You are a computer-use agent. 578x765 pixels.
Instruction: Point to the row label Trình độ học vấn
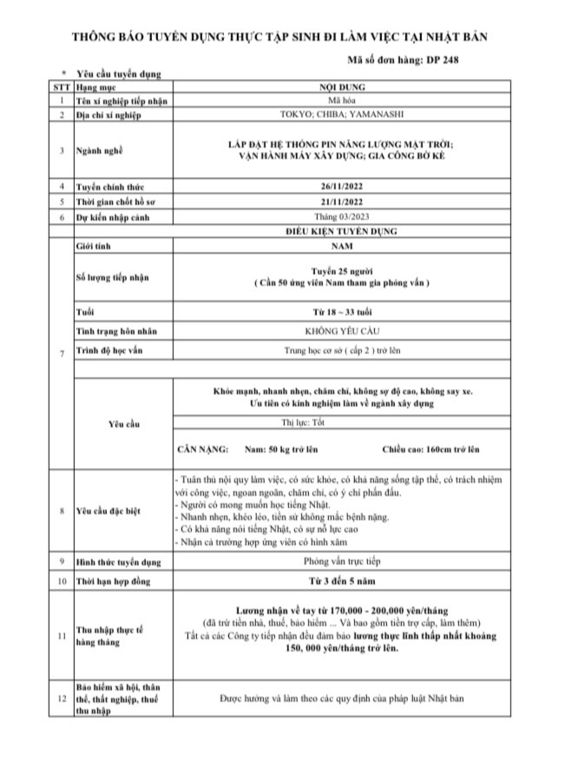pos(108,350)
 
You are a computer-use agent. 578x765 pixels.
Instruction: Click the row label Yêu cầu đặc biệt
pos(111,511)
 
